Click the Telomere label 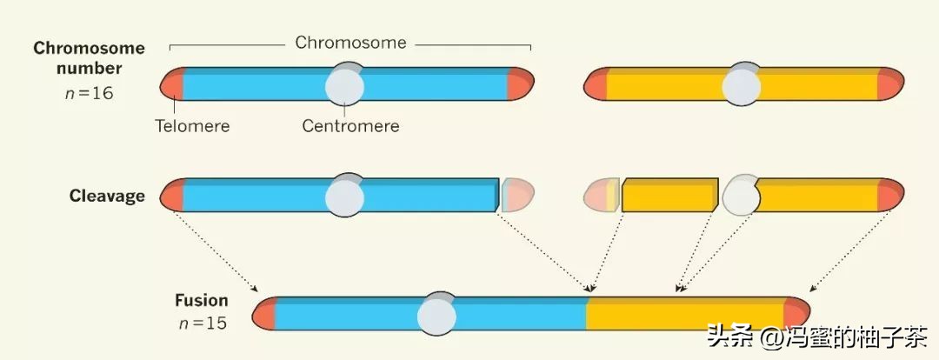192,126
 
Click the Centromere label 350,126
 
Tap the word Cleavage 107,196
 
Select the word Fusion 201,301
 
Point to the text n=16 89,93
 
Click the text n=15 201,323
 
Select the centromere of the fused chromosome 436,315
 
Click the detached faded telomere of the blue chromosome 518,195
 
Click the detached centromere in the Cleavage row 741,195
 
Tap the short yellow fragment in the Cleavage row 669,195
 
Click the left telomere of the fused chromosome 264,314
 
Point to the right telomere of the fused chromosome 796,314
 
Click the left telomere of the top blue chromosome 171,84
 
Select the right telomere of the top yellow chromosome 890,84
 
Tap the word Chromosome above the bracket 350,42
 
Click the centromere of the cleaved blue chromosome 345,196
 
